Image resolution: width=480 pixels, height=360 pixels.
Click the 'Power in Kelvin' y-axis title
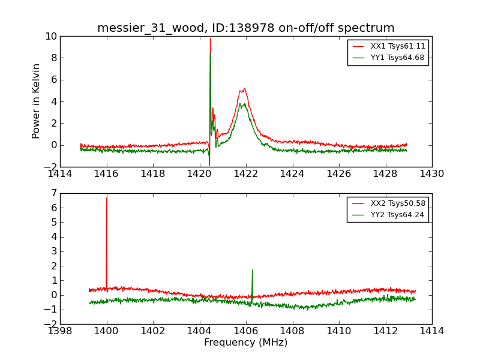click(37, 101)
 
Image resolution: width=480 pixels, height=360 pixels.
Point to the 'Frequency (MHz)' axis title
click(246, 343)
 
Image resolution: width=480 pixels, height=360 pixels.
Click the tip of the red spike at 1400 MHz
click(107, 197)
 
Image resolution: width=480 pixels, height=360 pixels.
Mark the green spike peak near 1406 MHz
click(252, 269)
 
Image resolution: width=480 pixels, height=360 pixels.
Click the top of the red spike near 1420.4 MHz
click(210, 38)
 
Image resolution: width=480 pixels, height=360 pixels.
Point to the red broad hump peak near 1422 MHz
click(244, 89)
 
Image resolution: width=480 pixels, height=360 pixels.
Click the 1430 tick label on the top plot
click(431, 174)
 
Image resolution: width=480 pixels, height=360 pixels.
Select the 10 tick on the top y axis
click(51, 37)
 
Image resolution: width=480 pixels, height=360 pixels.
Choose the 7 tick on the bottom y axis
click(54, 193)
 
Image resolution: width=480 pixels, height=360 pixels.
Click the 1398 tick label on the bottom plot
click(60, 331)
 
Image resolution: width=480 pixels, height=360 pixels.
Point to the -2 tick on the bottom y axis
click(52, 324)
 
